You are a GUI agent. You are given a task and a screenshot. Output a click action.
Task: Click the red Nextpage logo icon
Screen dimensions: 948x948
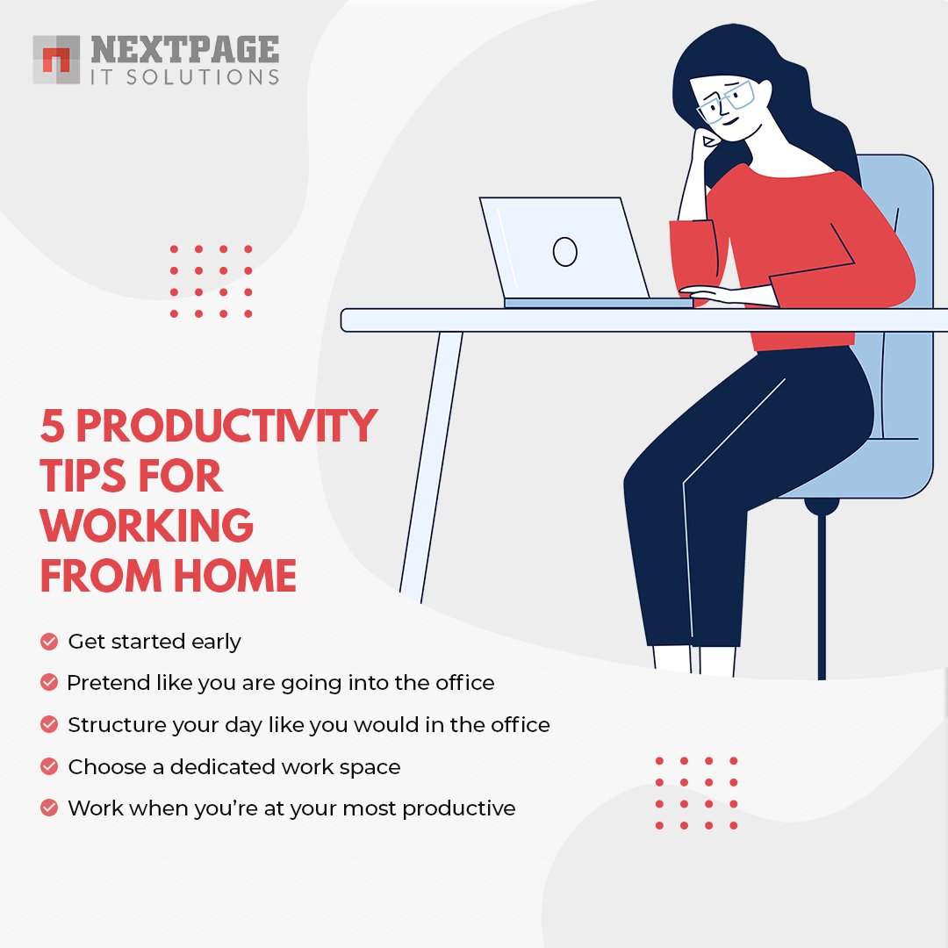click(x=56, y=60)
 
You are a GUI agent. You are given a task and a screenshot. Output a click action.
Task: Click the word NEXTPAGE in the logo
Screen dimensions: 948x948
click(x=184, y=50)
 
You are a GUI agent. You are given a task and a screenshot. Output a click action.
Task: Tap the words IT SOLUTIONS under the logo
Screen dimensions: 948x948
click(x=184, y=76)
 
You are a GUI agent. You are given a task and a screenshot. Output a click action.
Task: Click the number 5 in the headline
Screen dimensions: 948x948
click(x=52, y=427)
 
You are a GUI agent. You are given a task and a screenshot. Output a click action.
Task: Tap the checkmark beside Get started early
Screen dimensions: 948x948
click(x=49, y=642)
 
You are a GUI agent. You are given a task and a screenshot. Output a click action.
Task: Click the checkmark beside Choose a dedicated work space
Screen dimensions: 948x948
click(x=49, y=766)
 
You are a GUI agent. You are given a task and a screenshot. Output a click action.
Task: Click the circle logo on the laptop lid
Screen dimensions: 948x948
click(x=564, y=252)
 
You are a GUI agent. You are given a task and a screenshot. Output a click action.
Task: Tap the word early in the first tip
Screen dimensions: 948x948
click(x=218, y=642)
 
